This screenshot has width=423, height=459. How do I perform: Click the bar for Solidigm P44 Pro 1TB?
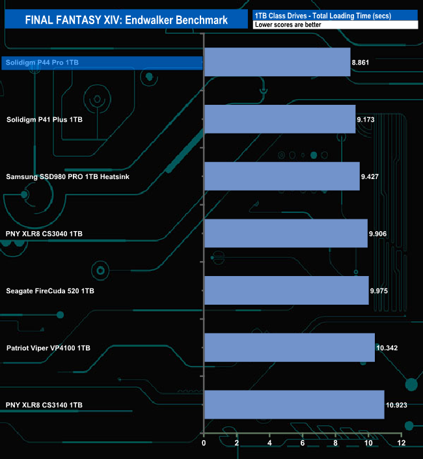277,62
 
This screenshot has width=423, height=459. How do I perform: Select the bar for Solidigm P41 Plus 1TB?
280,119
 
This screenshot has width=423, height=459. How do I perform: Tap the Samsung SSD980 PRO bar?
282,176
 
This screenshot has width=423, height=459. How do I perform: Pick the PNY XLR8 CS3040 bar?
286,233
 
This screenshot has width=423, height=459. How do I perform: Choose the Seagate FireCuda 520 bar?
287,290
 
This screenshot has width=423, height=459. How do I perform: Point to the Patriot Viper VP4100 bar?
290,348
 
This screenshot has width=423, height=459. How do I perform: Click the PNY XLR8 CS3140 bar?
294,404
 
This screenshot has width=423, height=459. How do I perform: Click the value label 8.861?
361,63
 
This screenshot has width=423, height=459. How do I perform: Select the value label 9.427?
370,176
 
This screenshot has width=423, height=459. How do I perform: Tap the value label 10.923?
396,405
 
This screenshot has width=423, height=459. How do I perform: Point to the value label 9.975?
379,291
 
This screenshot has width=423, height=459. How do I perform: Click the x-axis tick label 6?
303,443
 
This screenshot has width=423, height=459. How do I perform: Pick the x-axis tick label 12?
402,443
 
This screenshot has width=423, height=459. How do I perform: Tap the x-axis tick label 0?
204,443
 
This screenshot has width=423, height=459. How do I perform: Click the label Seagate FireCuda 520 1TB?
50,291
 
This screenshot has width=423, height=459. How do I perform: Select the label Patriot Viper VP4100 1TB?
48,348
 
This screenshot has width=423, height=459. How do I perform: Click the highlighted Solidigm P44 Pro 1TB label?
42,63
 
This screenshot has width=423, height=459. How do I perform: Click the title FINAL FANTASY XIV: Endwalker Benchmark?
126,20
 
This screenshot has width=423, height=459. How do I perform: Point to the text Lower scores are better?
288,25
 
